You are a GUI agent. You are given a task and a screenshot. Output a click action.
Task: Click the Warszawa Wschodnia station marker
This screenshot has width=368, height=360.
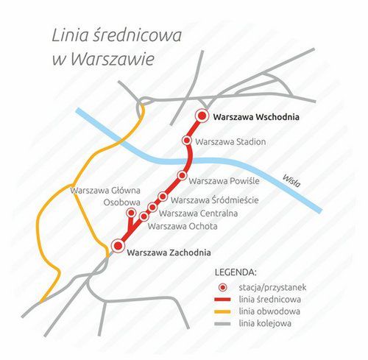202,116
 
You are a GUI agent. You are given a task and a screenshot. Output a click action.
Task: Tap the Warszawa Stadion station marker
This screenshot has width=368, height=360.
187,140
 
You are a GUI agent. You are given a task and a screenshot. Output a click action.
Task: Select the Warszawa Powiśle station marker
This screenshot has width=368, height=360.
182,175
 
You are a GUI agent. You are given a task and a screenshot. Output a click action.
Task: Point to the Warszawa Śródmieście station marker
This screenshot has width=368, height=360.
163,197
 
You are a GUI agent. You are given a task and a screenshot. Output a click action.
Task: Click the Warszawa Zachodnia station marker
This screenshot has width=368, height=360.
116,246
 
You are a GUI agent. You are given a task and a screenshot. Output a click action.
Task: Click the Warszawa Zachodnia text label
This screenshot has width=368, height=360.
174,253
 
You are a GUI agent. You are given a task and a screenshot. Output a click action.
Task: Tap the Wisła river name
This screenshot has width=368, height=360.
291,180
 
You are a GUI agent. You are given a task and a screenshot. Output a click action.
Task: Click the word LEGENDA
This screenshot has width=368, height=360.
235,272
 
